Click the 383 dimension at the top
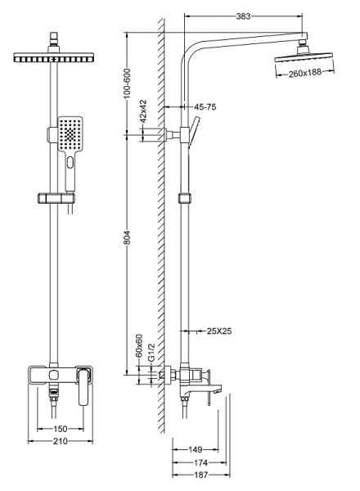(243, 16)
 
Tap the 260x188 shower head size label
(304, 73)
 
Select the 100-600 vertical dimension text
(127, 83)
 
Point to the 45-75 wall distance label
(205, 107)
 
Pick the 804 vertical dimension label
(127, 238)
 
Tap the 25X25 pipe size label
(219, 331)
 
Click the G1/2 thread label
(151, 353)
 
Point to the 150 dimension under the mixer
(60, 428)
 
